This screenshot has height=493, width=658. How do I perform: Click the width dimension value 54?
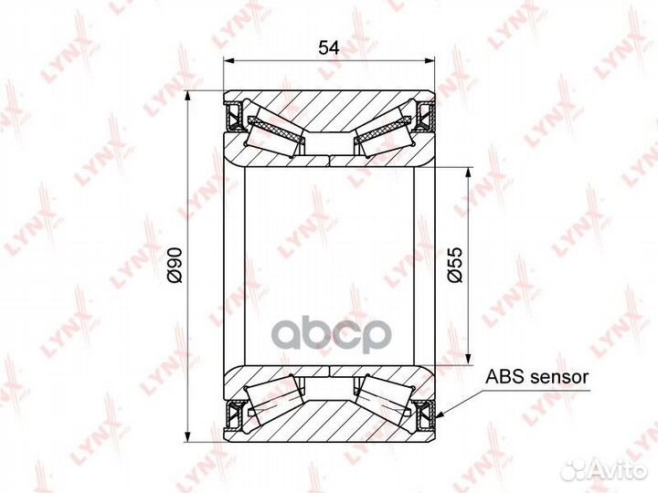point(329,47)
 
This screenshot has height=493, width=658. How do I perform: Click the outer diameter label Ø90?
point(175,266)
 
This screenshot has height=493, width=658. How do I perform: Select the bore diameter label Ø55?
point(455,265)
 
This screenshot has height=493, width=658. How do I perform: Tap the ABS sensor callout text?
point(536,376)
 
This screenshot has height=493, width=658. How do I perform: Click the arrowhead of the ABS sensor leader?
point(440,415)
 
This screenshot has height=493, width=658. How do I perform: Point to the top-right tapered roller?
point(385,129)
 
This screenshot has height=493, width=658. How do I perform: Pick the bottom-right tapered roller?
point(385,402)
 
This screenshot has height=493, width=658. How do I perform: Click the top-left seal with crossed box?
point(232,115)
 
